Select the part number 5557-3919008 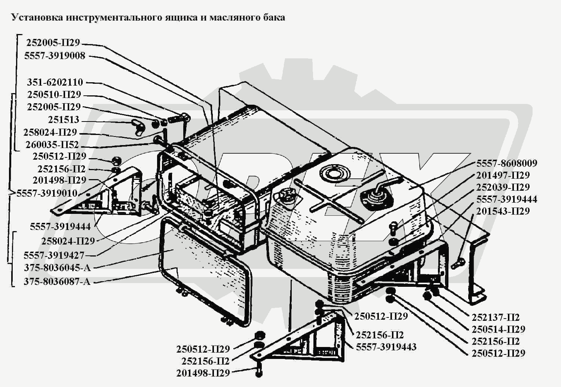point(55,56)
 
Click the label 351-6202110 point(55,82)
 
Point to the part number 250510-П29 point(54,95)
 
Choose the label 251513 point(64,120)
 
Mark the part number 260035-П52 point(52,145)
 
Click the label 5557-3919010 point(47,193)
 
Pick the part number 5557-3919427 point(54,255)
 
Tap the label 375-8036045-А point(57,268)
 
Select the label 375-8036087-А point(57,282)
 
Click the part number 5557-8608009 point(506,163)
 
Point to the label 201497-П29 point(503,175)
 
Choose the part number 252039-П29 point(503,187)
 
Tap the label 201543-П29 point(503,211)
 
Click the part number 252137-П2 point(496,317)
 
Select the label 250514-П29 point(498,329)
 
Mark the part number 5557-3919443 point(386,347)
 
